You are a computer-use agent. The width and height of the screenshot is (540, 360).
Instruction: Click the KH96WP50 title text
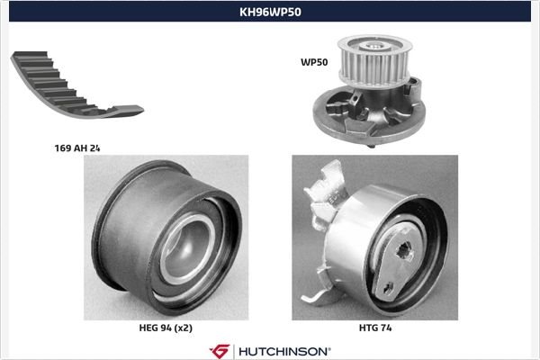[270, 12]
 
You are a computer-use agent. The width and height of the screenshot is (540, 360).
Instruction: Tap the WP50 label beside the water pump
[314, 62]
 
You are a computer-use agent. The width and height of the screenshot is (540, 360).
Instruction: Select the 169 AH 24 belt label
[77, 148]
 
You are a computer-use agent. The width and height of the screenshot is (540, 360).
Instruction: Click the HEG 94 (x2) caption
[166, 328]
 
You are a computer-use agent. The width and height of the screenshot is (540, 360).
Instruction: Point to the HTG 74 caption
[375, 328]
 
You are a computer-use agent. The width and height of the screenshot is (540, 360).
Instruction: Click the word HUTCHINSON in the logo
[283, 352]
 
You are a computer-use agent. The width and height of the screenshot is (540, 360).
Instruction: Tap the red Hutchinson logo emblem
[220, 351]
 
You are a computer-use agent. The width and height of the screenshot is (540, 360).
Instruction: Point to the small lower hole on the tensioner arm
[389, 287]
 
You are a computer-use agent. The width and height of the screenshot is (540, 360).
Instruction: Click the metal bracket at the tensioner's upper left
[326, 193]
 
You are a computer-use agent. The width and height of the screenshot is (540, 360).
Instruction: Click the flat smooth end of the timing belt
[129, 111]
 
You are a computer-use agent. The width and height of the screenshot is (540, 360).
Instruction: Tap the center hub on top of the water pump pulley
[375, 45]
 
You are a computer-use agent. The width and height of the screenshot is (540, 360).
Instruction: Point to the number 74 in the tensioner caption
[385, 328]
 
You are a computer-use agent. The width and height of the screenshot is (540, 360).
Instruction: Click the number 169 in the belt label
[61, 148]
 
